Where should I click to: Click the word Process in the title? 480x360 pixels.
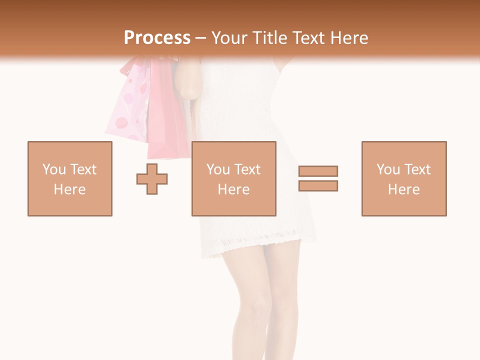point(157,38)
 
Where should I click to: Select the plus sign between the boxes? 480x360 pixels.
point(152,178)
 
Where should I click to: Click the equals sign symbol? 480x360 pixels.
point(318,178)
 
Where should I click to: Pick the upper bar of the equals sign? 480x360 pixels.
point(318,171)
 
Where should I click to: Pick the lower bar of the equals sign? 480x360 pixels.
point(318,185)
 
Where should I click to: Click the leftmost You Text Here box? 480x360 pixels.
point(69,178)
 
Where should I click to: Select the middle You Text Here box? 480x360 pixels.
point(233,178)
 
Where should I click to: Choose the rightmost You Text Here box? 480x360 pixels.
point(403,178)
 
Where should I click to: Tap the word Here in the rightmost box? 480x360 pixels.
point(403,189)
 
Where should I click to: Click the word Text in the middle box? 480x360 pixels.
point(247,169)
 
